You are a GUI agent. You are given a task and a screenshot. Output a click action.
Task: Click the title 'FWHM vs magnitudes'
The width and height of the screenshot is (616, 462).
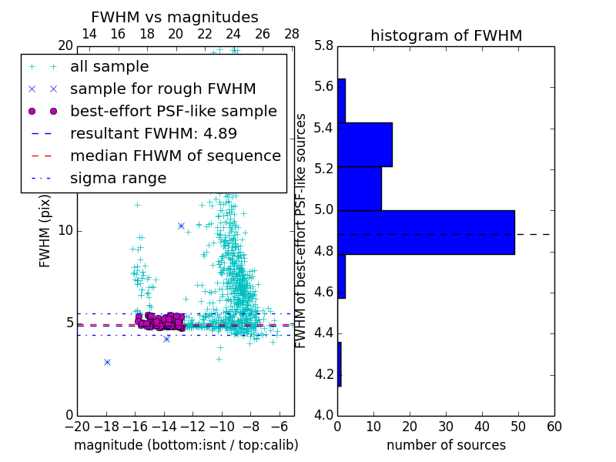click(x=175, y=17)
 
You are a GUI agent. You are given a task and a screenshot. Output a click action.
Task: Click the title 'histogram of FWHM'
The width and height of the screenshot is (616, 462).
click(x=446, y=35)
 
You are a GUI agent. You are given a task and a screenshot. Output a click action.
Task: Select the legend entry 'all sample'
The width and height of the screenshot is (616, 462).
click(x=109, y=67)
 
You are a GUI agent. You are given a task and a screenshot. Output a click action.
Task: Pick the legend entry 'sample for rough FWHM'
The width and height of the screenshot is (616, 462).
click(x=162, y=89)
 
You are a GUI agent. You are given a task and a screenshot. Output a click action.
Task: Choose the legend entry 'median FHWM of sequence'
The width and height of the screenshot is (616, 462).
click(x=175, y=156)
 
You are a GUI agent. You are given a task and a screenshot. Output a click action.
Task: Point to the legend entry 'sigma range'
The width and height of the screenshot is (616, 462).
click(x=118, y=179)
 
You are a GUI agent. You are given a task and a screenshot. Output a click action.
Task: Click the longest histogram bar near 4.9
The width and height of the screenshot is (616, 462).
click(x=426, y=232)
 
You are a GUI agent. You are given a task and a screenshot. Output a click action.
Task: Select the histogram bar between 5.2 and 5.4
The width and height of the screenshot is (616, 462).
click(x=365, y=145)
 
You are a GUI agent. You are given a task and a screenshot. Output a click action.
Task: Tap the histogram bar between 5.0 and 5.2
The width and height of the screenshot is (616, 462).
click(x=360, y=189)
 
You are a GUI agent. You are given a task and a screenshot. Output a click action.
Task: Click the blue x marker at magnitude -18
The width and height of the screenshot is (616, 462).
click(x=107, y=362)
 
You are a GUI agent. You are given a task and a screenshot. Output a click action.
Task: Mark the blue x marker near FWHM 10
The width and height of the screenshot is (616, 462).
click(x=181, y=226)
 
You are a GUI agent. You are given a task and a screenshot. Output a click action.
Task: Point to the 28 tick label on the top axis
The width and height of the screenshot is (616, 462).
click(x=292, y=34)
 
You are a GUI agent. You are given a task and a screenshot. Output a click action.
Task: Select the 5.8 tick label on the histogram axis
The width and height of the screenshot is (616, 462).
click(x=323, y=46)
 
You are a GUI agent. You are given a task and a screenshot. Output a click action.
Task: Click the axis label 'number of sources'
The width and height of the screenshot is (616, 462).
click(x=446, y=445)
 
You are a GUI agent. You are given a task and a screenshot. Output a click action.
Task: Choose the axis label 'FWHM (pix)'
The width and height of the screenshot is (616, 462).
click(x=45, y=230)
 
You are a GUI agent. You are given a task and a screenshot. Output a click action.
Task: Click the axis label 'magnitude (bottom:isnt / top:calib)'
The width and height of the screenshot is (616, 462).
click(x=186, y=445)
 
